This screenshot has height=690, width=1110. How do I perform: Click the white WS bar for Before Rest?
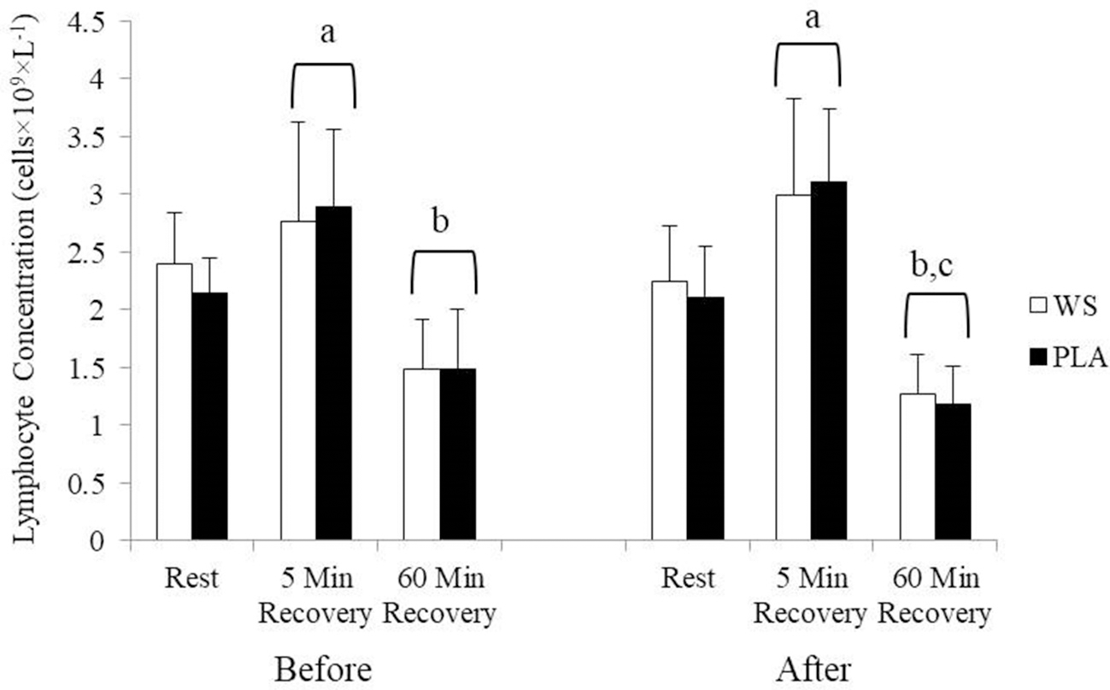[x=173, y=402]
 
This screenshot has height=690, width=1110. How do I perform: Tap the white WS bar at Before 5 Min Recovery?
[x=298, y=380]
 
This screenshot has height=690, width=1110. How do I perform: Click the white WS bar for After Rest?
[x=669, y=410]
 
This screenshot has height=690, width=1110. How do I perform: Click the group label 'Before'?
[x=323, y=669]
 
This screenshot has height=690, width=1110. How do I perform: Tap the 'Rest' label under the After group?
[x=688, y=579]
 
